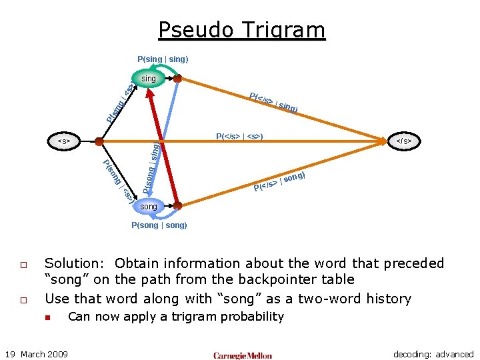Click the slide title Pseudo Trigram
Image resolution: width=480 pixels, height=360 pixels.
point(241,30)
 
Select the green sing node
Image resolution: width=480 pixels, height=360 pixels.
point(149,79)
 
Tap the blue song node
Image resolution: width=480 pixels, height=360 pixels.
point(149,207)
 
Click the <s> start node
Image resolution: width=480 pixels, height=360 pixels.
point(65,141)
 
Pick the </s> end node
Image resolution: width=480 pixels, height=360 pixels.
point(403,141)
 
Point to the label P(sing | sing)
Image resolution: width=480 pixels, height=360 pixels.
point(163,59)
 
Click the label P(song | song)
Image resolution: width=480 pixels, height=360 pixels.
point(159,225)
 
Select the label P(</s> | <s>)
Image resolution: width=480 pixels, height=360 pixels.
point(239,137)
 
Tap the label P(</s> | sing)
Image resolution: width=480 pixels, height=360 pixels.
point(273,102)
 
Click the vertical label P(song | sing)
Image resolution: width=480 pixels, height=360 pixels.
point(151,168)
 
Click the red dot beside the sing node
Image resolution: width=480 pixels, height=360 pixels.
point(178,79)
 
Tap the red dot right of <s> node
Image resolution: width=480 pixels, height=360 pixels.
point(99,141)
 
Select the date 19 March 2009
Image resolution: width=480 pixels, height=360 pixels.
point(37,354)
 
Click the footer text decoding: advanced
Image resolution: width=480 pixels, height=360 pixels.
point(433,354)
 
